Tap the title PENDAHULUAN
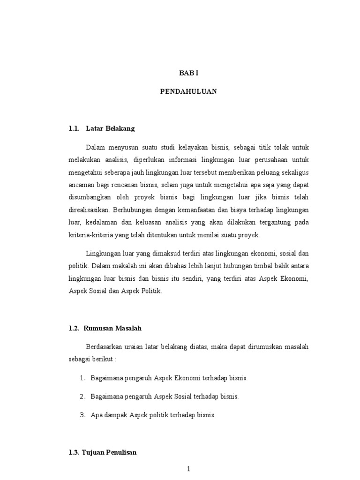coord(188,91)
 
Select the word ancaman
coord(80,185)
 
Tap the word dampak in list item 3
coord(115,415)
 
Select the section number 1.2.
coord(74,329)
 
